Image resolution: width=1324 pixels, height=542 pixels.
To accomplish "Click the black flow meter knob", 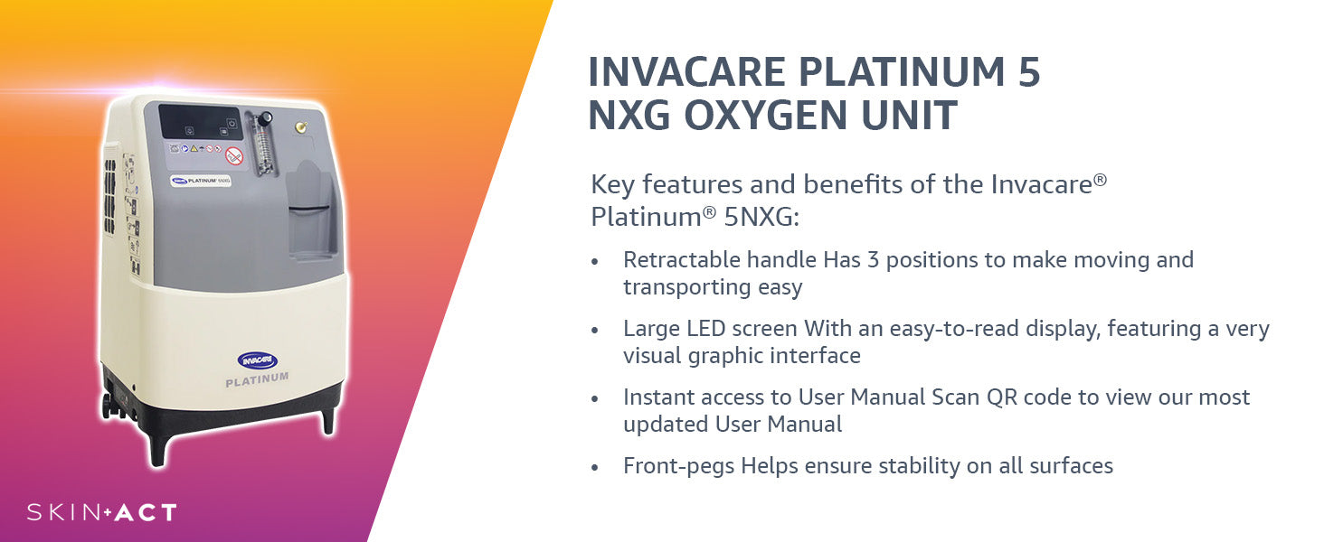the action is pyautogui.click(x=265, y=118).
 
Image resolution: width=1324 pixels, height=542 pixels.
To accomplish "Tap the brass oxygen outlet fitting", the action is pyautogui.click(x=301, y=126).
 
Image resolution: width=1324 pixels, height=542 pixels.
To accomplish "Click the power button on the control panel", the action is pyautogui.click(x=232, y=123).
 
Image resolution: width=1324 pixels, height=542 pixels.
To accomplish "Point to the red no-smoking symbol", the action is pyautogui.click(x=234, y=156).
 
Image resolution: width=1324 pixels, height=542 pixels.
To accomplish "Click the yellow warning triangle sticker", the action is pyautogui.click(x=194, y=148).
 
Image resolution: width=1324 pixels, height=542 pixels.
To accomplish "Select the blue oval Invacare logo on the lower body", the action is pyautogui.click(x=257, y=360).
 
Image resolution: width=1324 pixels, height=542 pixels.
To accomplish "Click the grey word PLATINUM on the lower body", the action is pyautogui.click(x=257, y=379).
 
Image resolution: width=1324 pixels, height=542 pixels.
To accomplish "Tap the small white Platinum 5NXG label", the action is pyautogui.click(x=201, y=180).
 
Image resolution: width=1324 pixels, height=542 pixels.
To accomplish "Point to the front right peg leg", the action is pyautogui.click(x=328, y=421).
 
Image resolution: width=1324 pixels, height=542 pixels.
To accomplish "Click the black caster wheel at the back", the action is pyautogui.click(x=107, y=406).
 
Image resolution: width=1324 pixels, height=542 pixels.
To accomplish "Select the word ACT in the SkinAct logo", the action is pyautogui.click(x=146, y=512).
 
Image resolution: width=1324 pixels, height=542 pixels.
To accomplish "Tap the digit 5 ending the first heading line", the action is pyautogui.click(x=1029, y=72).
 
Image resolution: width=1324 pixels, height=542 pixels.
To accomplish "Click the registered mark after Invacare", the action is pyautogui.click(x=1100, y=180).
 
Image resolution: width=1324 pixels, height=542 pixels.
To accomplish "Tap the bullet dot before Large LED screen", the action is pyautogui.click(x=595, y=331).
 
